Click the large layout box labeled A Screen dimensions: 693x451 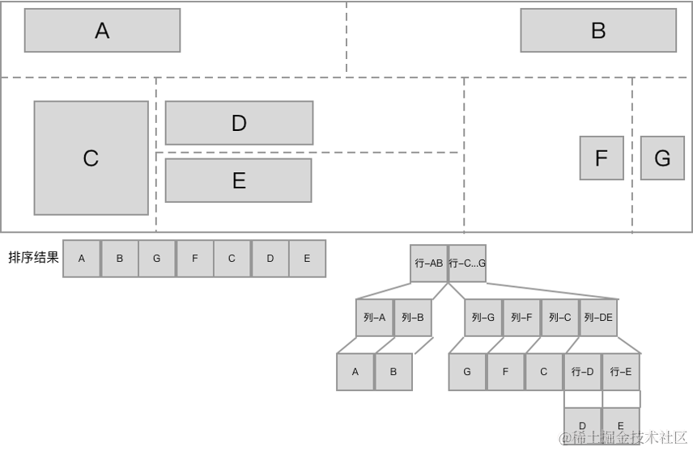point(102,31)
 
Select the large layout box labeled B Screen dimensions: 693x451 point(598,31)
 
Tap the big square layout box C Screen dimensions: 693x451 point(91,158)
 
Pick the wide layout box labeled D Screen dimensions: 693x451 point(239,123)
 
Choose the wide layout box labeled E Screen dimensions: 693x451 point(238,180)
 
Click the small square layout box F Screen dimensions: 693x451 point(602,158)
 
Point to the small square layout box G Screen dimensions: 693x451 point(662,158)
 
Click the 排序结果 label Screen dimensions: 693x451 point(33,257)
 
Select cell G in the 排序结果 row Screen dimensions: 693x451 point(157,259)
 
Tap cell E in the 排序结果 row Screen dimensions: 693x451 point(307,259)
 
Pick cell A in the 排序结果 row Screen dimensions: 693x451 point(82,259)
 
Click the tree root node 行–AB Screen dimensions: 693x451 point(429,263)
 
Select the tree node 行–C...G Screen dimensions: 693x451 point(467,263)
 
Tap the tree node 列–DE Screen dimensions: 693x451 point(598,318)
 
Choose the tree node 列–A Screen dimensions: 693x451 point(374,318)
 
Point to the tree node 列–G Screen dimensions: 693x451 point(483,318)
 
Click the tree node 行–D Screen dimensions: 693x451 point(583,372)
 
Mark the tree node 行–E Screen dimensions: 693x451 point(621,372)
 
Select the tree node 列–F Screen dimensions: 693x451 point(521,318)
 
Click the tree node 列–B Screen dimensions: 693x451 point(413,318)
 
